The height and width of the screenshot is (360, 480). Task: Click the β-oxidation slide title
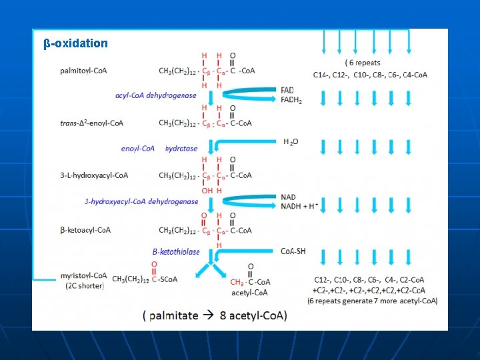click(75, 43)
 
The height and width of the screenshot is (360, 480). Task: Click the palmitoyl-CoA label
click(83, 70)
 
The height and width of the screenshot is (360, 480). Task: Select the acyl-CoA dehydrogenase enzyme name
click(156, 95)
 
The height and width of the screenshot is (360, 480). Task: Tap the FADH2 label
click(291, 101)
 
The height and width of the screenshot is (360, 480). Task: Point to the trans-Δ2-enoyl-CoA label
click(91, 123)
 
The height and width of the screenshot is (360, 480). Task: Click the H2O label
click(291, 142)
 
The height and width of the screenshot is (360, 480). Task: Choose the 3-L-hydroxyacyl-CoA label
click(94, 175)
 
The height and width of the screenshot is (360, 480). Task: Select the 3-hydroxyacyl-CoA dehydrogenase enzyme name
click(141, 201)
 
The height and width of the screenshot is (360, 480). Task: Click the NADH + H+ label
click(299, 207)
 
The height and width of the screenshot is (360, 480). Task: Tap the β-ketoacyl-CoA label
click(85, 230)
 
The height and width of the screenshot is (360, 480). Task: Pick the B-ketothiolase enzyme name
click(175, 252)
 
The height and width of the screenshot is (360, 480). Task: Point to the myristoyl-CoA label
click(83, 275)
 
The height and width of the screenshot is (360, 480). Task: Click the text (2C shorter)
click(85, 285)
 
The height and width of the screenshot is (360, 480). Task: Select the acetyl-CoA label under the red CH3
click(249, 292)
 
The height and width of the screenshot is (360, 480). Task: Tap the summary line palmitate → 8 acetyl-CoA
click(215, 315)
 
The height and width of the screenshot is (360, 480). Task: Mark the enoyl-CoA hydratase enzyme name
click(159, 149)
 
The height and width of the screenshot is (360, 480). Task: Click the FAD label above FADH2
click(287, 91)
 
